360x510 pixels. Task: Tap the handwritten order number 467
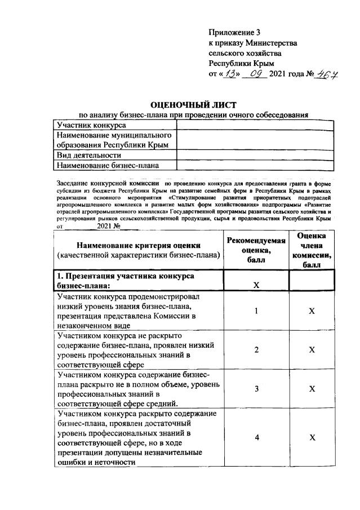click(x=326, y=74)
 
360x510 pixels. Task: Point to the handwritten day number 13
click(x=226, y=74)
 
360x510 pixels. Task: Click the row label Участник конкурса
click(x=91, y=125)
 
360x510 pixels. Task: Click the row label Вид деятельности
click(x=89, y=155)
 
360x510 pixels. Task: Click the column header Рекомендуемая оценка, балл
click(x=256, y=251)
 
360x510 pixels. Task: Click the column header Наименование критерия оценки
click(x=138, y=250)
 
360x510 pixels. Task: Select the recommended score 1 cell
click(x=256, y=311)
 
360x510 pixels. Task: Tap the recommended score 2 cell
click(x=256, y=350)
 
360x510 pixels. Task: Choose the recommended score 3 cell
click(x=256, y=389)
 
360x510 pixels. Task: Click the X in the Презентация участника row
click(x=256, y=285)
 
